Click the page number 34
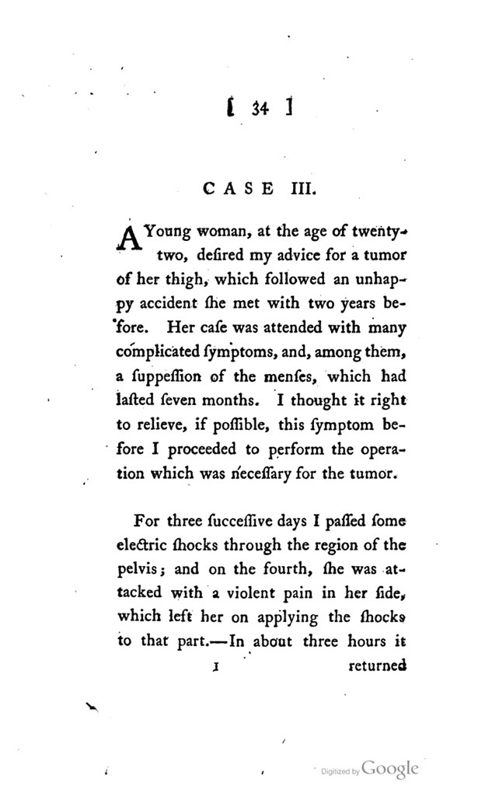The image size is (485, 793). click(x=260, y=110)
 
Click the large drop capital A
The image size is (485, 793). click(x=128, y=236)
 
